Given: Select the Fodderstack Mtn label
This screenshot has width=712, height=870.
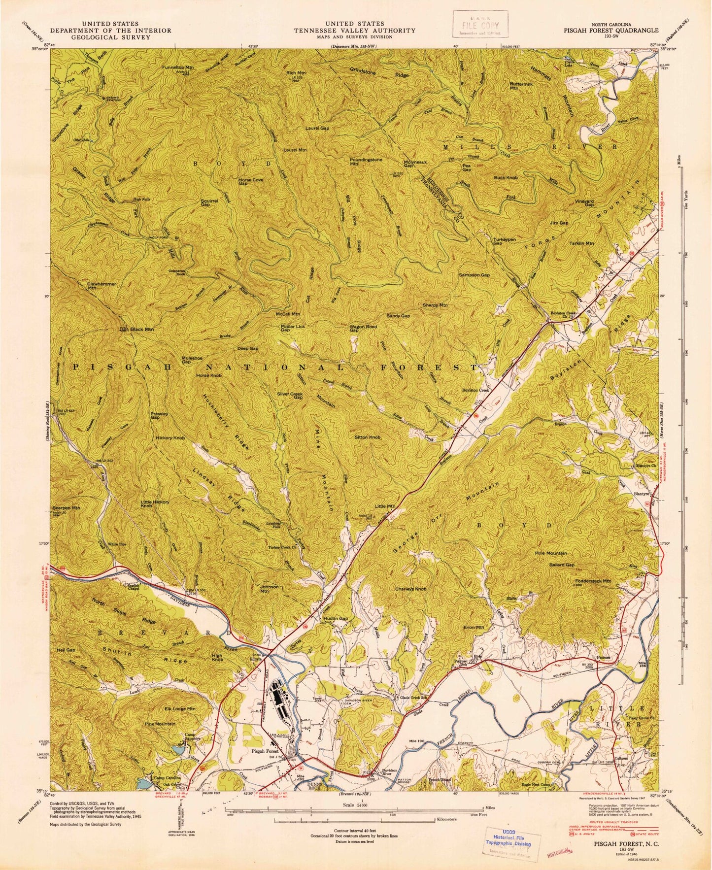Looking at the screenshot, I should [x=593, y=581].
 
